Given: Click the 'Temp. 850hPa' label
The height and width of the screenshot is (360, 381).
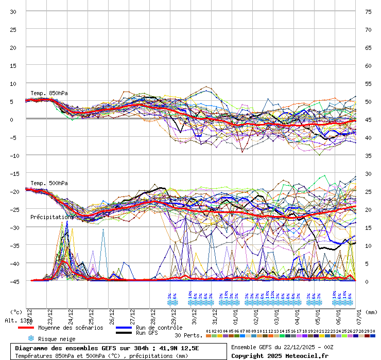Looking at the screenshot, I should point(49,93).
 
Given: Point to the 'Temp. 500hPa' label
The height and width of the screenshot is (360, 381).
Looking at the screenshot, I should point(49,183).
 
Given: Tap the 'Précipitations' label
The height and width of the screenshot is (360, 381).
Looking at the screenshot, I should point(52,217).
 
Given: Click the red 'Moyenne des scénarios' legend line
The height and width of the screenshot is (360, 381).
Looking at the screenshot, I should point(26,328).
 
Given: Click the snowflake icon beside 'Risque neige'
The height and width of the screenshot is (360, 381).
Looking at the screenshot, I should point(31,339).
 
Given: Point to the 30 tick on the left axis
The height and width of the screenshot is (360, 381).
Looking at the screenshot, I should point(13,11).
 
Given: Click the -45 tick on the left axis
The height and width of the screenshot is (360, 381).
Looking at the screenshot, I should point(13,281).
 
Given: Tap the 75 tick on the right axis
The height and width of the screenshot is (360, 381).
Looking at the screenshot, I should point(368,11).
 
